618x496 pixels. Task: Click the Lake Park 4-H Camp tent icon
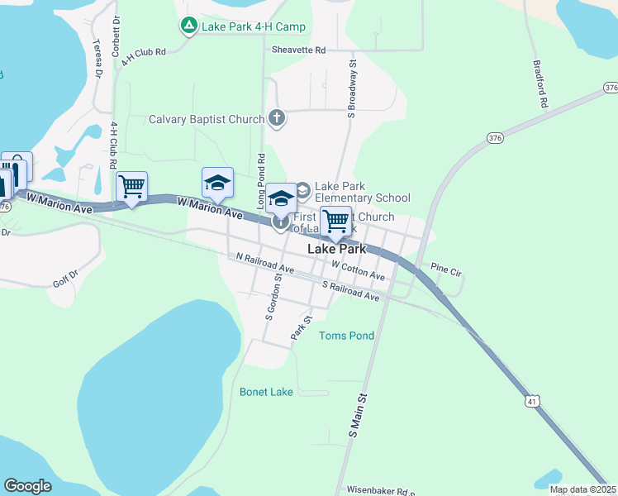188,26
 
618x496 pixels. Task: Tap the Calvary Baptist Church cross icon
277,119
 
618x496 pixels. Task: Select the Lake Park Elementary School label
362,192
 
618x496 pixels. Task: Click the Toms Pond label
346,336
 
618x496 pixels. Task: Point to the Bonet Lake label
266,392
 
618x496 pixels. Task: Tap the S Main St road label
357,416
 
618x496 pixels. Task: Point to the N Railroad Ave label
264,264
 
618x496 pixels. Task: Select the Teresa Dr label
97,58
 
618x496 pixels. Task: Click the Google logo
27,485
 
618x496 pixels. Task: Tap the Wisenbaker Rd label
380,490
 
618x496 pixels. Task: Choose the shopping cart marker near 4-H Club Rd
132,187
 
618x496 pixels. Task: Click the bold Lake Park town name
335,248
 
